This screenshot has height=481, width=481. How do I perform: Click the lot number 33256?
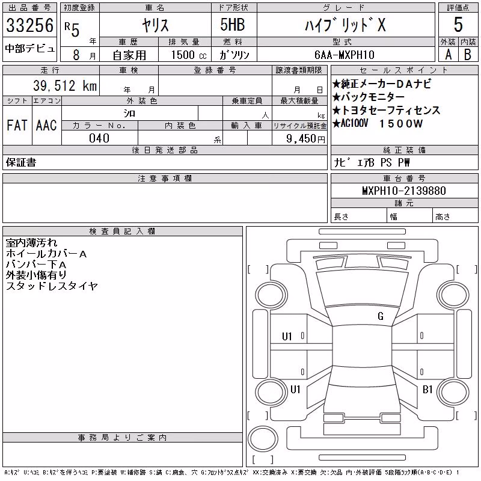pyautogui.click(x=29, y=25)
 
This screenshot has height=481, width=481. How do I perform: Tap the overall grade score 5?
pyautogui.click(x=458, y=25)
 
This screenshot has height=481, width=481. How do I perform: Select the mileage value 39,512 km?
pyautogui.click(x=65, y=85)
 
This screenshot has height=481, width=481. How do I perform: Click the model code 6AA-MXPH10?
pyautogui.click(x=345, y=55)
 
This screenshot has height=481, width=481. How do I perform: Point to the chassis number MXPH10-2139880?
pyautogui.click(x=404, y=191)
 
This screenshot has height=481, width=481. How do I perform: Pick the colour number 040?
pyautogui.click(x=99, y=138)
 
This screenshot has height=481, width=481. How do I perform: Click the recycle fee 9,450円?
pyautogui.click(x=305, y=139)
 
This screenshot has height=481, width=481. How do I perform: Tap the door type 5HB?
pyautogui.click(x=233, y=25)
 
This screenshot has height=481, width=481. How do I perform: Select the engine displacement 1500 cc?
pyautogui.click(x=189, y=55)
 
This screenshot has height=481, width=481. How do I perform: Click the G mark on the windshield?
pyautogui.click(x=381, y=316)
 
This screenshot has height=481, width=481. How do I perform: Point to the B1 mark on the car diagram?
pyautogui.click(x=427, y=389)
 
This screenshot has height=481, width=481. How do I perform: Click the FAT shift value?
pyautogui.click(x=17, y=125)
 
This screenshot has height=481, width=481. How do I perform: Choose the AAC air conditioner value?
pyautogui.click(x=46, y=125)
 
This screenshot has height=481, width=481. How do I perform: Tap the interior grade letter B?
pyautogui.click(x=468, y=55)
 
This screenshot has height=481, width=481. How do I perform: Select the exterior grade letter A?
pyautogui.click(x=448, y=55)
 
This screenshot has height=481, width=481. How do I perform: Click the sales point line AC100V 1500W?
pyautogui.click(x=378, y=123)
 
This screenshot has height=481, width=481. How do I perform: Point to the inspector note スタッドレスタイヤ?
pyautogui.click(x=52, y=286)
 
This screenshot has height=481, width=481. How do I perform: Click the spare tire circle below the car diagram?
pyautogui.click(x=263, y=438)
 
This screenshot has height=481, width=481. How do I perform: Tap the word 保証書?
pyautogui.click(x=21, y=162)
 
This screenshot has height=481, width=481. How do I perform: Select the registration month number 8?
pyautogui.click(x=76, y=55)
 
